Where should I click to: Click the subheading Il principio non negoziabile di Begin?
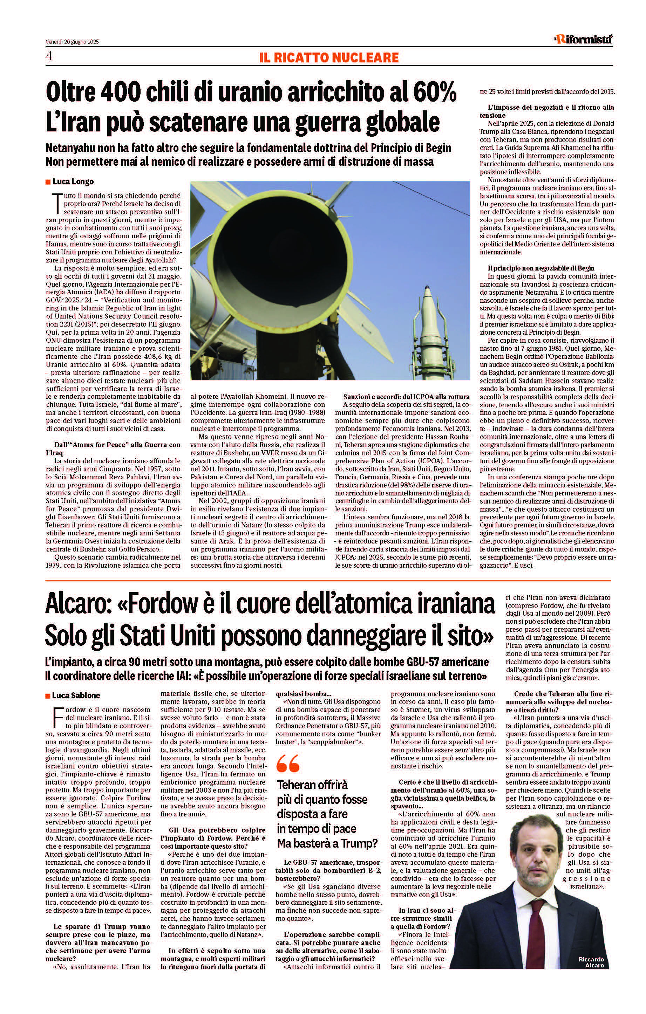tap(542, 268)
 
